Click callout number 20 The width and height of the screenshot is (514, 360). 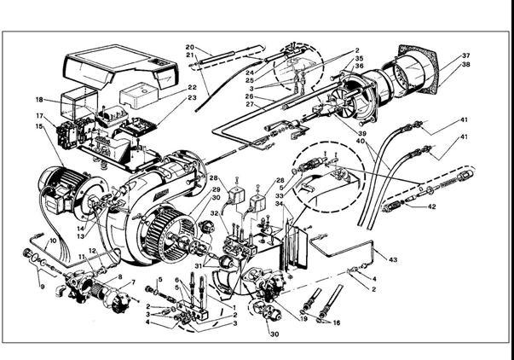pyautogui.click(x=190, y=46)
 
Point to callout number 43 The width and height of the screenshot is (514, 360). pyautogui.click(x=392, y=258)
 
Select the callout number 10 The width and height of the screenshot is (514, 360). pyautogui.click(x=53, y=241)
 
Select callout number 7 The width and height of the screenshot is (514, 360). pyautogui.click(x=132, y=282)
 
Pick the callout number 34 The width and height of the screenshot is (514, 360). pyautogui.click(x=278, y=203)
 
